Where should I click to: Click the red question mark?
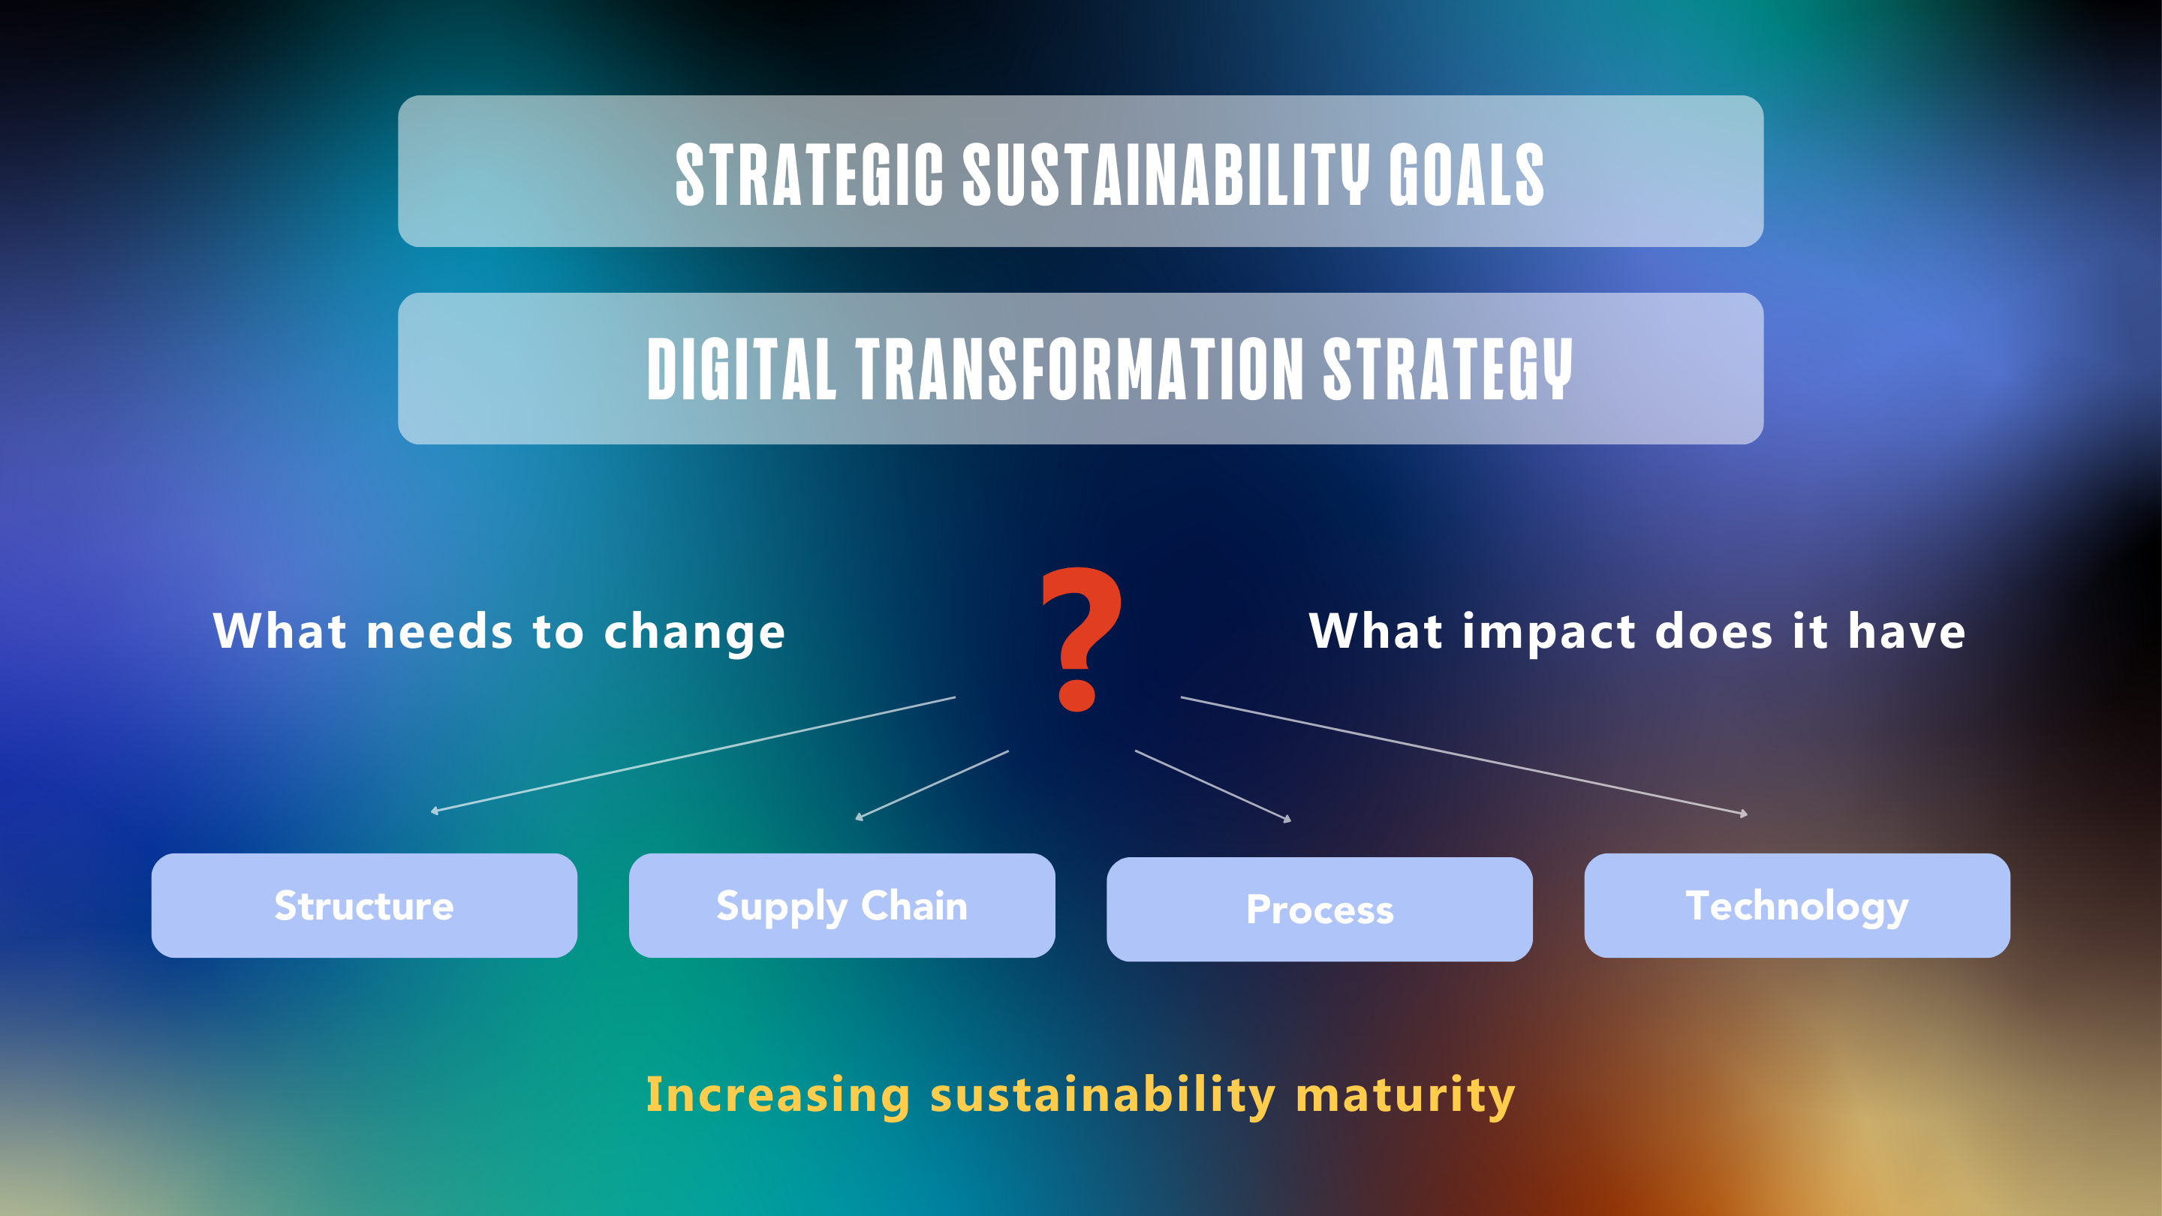pos(1081,640)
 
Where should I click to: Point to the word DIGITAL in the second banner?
pos(742,369)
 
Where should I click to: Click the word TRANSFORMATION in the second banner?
pos(1080,369)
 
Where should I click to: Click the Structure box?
pos(364,905)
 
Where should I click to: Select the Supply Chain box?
pos(842,905)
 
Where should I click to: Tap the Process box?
pos(1320,909)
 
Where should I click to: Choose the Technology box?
pos(1797,905)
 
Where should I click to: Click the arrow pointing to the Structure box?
pos(692,754)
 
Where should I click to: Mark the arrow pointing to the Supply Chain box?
pos(932,784)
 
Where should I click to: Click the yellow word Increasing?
pos(778,1095)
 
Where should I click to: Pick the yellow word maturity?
pos(1406,1095)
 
